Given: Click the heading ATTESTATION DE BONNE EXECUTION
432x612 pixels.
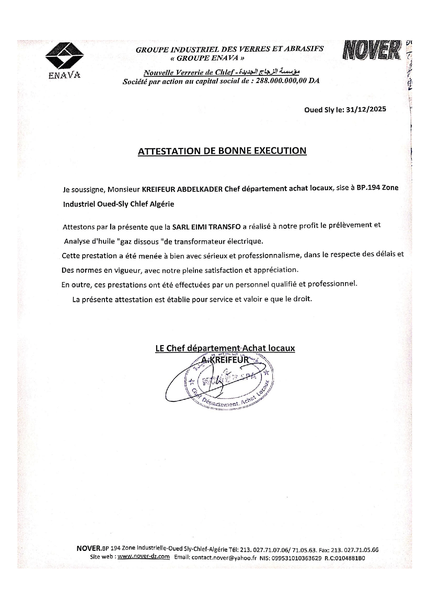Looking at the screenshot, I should [222, 151].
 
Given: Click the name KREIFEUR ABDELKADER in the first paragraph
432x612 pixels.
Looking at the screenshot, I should [182, 189].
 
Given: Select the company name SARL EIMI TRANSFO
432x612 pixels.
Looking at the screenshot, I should [206, 227].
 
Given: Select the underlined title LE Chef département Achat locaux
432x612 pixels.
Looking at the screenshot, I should [225, 348].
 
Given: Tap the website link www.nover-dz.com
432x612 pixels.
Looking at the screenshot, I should [144, 557].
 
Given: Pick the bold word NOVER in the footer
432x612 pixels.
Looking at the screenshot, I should [88, 549].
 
